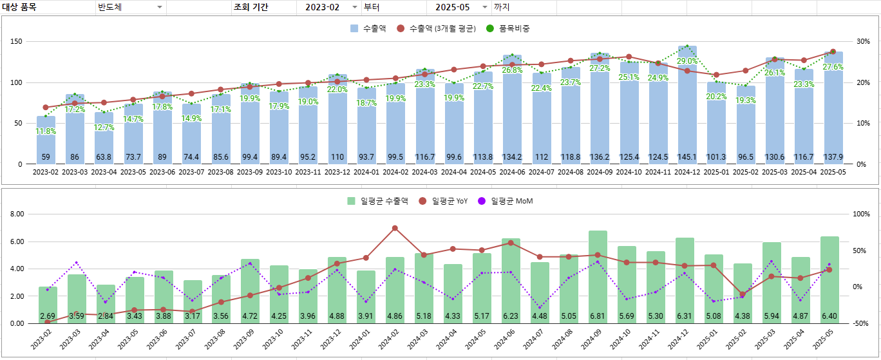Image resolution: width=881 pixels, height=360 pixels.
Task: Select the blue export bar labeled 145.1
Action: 687,109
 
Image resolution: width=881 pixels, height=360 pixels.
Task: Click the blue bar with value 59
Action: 46,142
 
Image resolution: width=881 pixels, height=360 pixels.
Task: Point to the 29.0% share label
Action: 687,61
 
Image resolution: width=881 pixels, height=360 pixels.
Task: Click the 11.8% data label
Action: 46,131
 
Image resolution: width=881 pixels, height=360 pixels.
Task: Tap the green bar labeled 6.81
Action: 598,277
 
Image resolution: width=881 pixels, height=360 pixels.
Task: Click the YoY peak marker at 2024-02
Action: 395,228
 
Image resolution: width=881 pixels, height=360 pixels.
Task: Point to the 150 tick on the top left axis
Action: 16,42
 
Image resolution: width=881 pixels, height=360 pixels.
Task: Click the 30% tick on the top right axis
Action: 862,42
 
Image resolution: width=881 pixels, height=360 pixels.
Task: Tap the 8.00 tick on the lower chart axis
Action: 16,214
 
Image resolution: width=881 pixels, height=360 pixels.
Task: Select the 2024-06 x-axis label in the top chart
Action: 512,173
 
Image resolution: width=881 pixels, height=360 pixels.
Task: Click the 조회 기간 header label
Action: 251,7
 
